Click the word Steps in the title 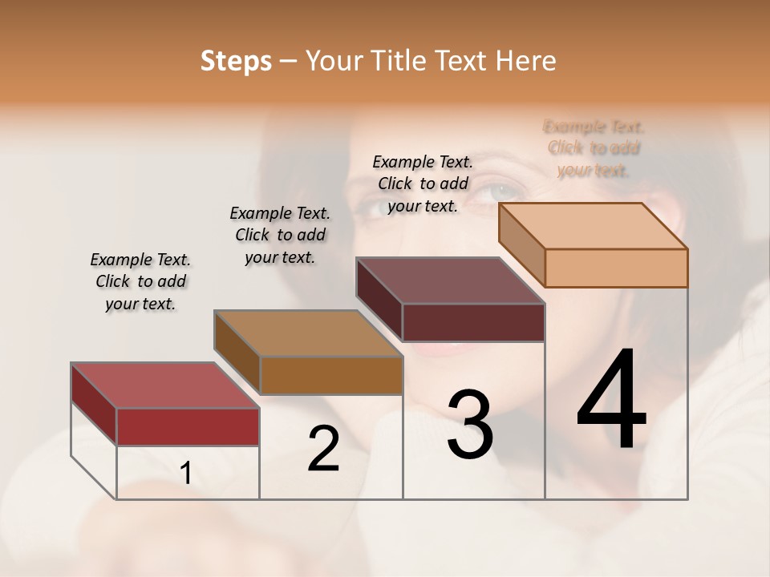click(x=236, y=61)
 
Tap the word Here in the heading click(x=525, y=61)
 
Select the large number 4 click(x=611, y=401)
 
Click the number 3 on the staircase click(x=470, y=424)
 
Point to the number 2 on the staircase click(x=323, y=449)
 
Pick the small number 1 click(x=185, y=474)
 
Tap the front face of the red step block click(x=188, y=426)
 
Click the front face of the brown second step click(x=331, y=375)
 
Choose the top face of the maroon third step click(x=450, y=280)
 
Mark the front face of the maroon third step click(x=473, y=322)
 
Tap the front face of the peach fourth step click(x=616, y=268)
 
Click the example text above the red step click(x=140, y=281)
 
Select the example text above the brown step click(x=280, y=235)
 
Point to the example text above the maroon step click(x=423, y=184)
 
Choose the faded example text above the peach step click(x=594, y=148)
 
